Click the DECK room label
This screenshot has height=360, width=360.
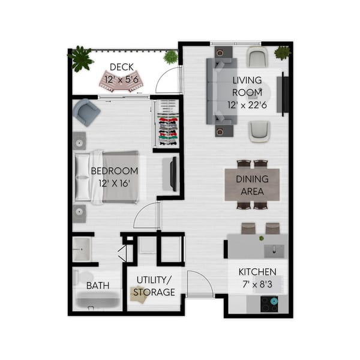click(x=122, y=67)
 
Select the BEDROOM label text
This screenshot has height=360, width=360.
click(x=114, y=171)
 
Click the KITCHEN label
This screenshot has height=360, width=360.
click(x=257, y=271)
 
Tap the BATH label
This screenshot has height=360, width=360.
click(x=98, y=286)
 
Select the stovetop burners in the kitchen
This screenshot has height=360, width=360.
click(x=268, y=304)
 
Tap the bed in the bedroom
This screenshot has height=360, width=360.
click(x=108, y=177)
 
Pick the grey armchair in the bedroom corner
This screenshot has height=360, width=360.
click(x=85, y=112)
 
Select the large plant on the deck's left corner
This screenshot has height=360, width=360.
click(x=80, y=58)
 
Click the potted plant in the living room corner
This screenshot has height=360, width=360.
click(x=283, y=52)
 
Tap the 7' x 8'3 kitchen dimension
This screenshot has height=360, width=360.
click(x=257, y=283)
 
